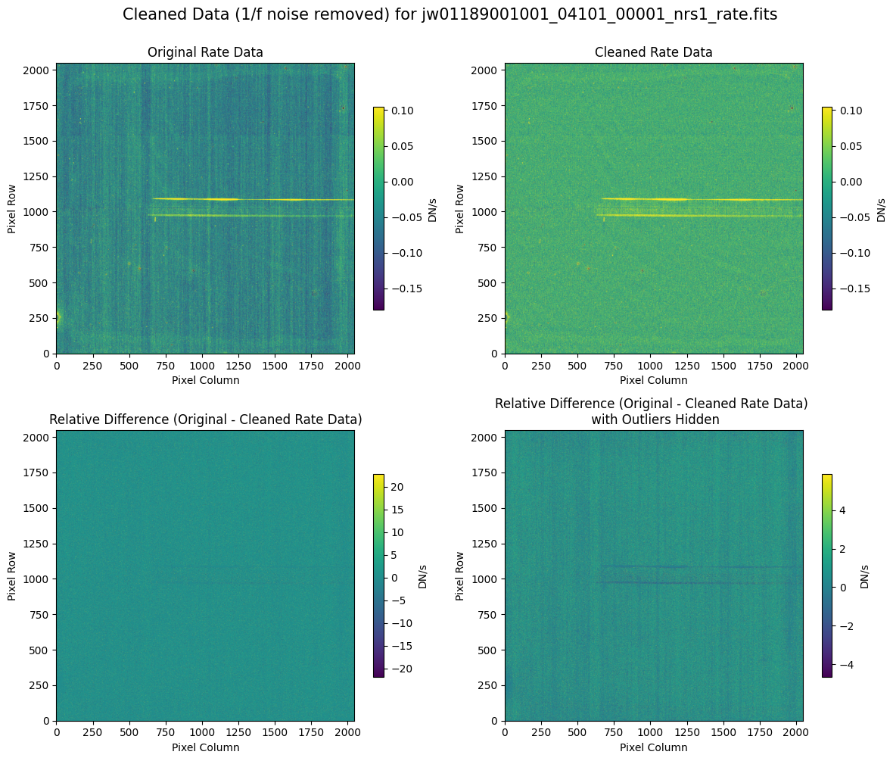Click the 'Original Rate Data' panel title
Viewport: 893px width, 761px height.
click(205, 52)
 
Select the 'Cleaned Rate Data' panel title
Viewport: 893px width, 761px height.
click(654, 52)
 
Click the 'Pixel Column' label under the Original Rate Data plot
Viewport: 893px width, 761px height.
click(205, 380)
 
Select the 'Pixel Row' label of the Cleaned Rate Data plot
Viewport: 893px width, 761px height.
click(459, 208)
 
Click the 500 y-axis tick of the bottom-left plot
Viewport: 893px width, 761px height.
click(40, 650)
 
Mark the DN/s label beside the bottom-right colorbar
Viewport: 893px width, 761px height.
click(866, 575)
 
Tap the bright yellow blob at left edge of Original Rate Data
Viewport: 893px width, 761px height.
click(58, 317)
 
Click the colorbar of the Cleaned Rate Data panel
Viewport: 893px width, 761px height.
click(827, 208)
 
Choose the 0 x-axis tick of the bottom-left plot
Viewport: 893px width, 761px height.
click(57, 733)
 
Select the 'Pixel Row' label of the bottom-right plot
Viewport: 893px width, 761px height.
click(459, 575)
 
